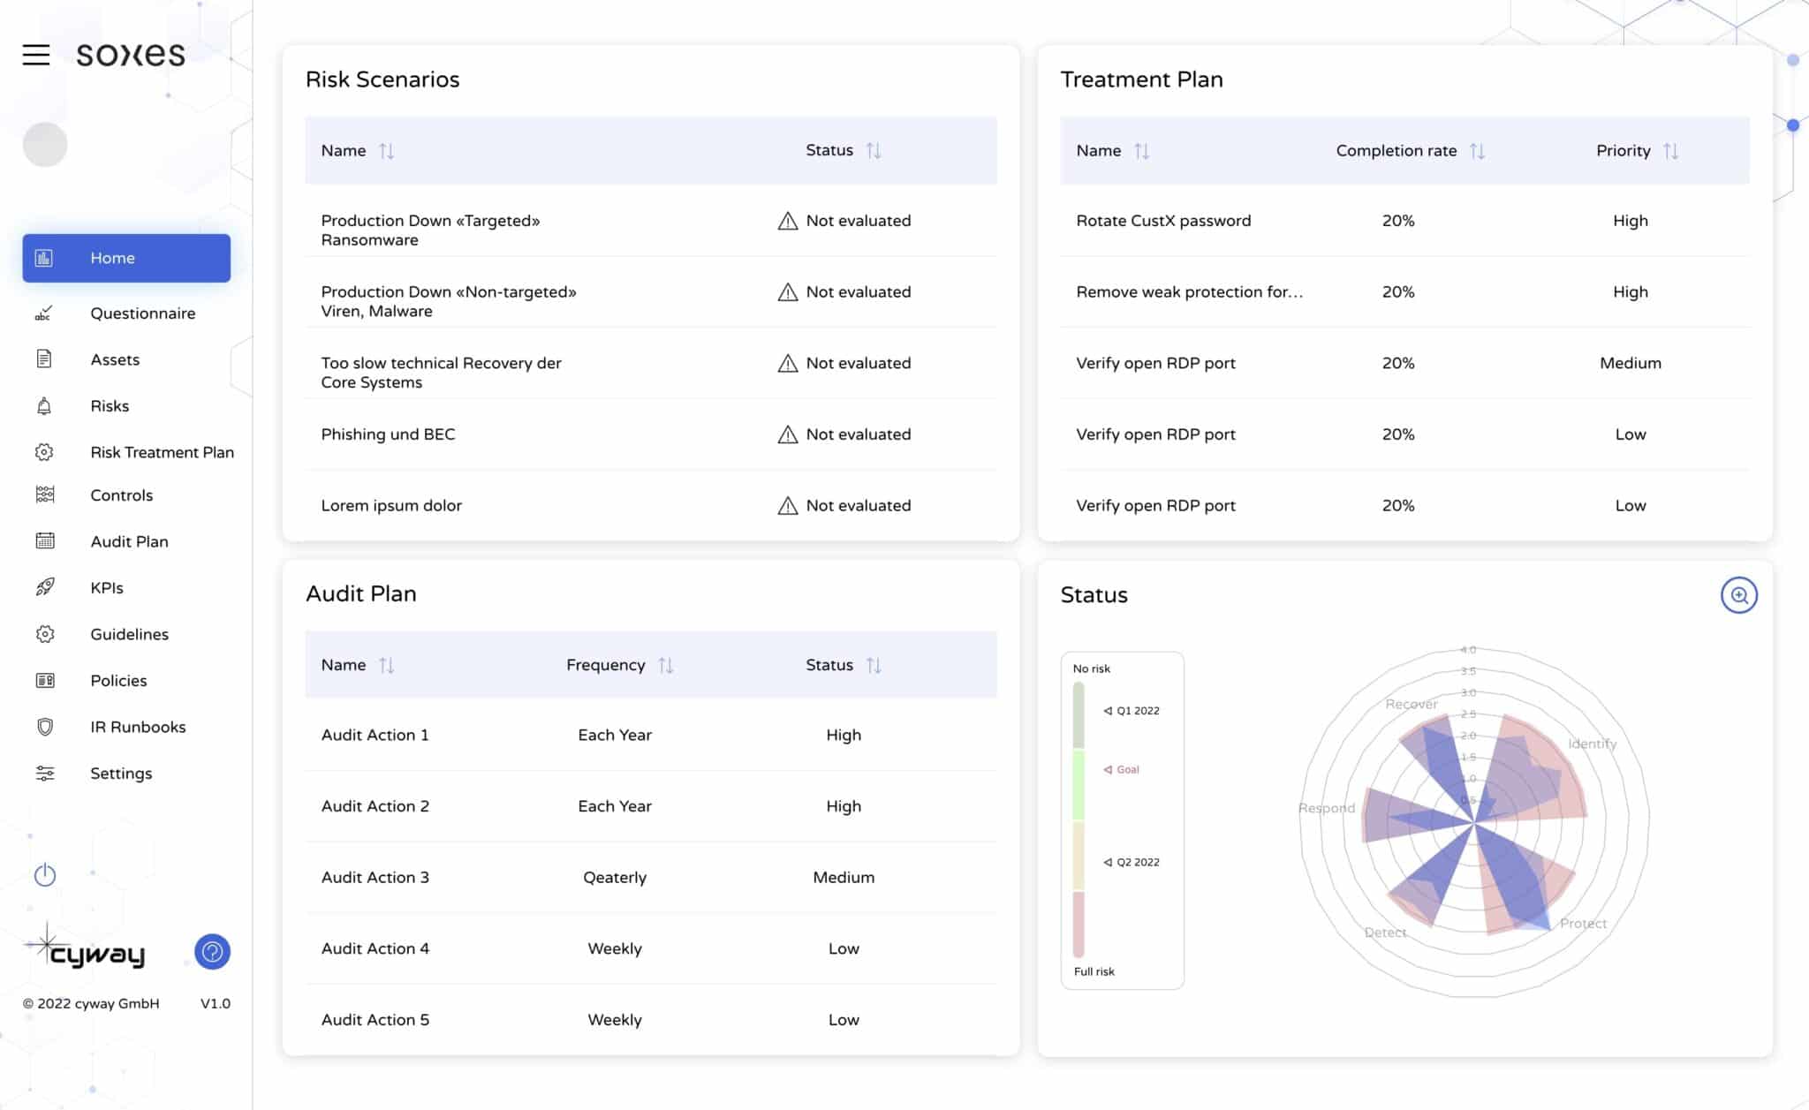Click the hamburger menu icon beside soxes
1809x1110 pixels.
[x=36, y=55]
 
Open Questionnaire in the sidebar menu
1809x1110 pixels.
[x=142, y=313]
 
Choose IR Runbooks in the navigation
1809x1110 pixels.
[x=138, y=727]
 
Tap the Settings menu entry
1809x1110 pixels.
[x=121, y=774]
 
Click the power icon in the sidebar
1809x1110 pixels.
[x=45, y=875]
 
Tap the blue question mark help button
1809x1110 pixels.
[x=212, y=952]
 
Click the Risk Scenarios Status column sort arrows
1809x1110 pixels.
[x=874, y=151]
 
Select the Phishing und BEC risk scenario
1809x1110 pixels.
[x=388, y=434]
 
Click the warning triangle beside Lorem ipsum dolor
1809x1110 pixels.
[x=787, y=506]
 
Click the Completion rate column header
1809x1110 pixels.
[x=1396, y=151]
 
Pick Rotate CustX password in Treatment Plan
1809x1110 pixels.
[x=1163, y=221]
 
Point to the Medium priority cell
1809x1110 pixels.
[x=1630, y=363]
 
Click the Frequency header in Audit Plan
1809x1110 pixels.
[x=606, y=665]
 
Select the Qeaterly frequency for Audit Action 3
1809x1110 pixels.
[x=615, y=878]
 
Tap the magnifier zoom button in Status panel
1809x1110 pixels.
[x=1738, y=595]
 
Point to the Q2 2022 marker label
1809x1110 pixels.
[x=1137, y=862]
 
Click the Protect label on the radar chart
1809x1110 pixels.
[x=1583, y=924]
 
